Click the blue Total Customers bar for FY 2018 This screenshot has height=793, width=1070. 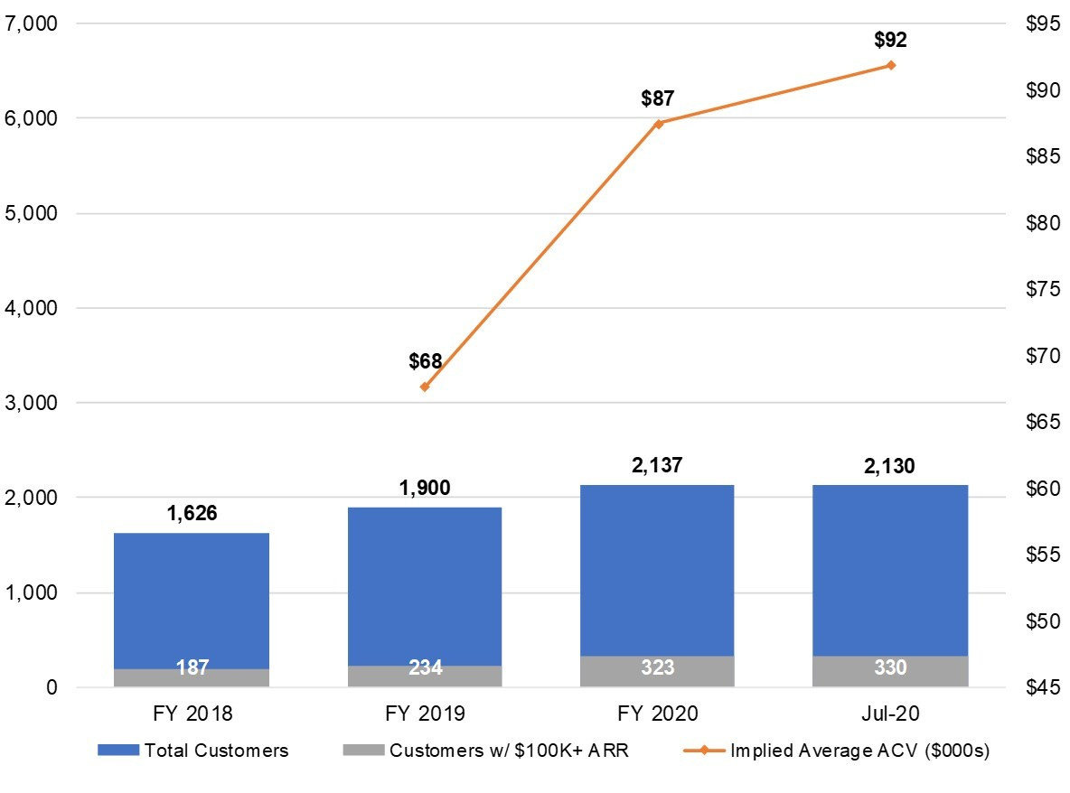click(192, 601)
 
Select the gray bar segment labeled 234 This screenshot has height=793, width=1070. click(425, 676)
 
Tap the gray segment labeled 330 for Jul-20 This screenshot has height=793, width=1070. click(890, 671)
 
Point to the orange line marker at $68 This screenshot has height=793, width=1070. click(425, 387)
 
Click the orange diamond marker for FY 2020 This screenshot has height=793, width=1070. click(658, 124)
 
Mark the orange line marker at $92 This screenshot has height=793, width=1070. click(890, 65)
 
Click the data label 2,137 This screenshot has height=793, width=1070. click(657, 465)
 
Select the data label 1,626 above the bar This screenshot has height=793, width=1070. click(192, 513)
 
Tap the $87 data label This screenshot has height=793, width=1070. click(658, 98)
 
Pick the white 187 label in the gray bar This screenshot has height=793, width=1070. click(192, 667)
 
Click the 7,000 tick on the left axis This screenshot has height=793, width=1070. click(31, 23)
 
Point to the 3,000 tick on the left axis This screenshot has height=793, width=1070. click(31, 402)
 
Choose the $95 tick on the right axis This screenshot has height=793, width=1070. click(1044, 23)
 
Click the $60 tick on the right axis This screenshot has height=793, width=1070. click(1044, 489)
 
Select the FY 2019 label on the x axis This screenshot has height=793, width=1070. click(425, 714)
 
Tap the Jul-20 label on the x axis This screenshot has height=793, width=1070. click(890, 714)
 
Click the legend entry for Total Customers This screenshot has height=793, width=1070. click(193, 751)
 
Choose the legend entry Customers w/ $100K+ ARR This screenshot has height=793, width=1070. click(486, 751)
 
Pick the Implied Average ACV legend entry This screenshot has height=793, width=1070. click(837, 751)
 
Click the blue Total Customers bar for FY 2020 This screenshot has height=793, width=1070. click(657, 571)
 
